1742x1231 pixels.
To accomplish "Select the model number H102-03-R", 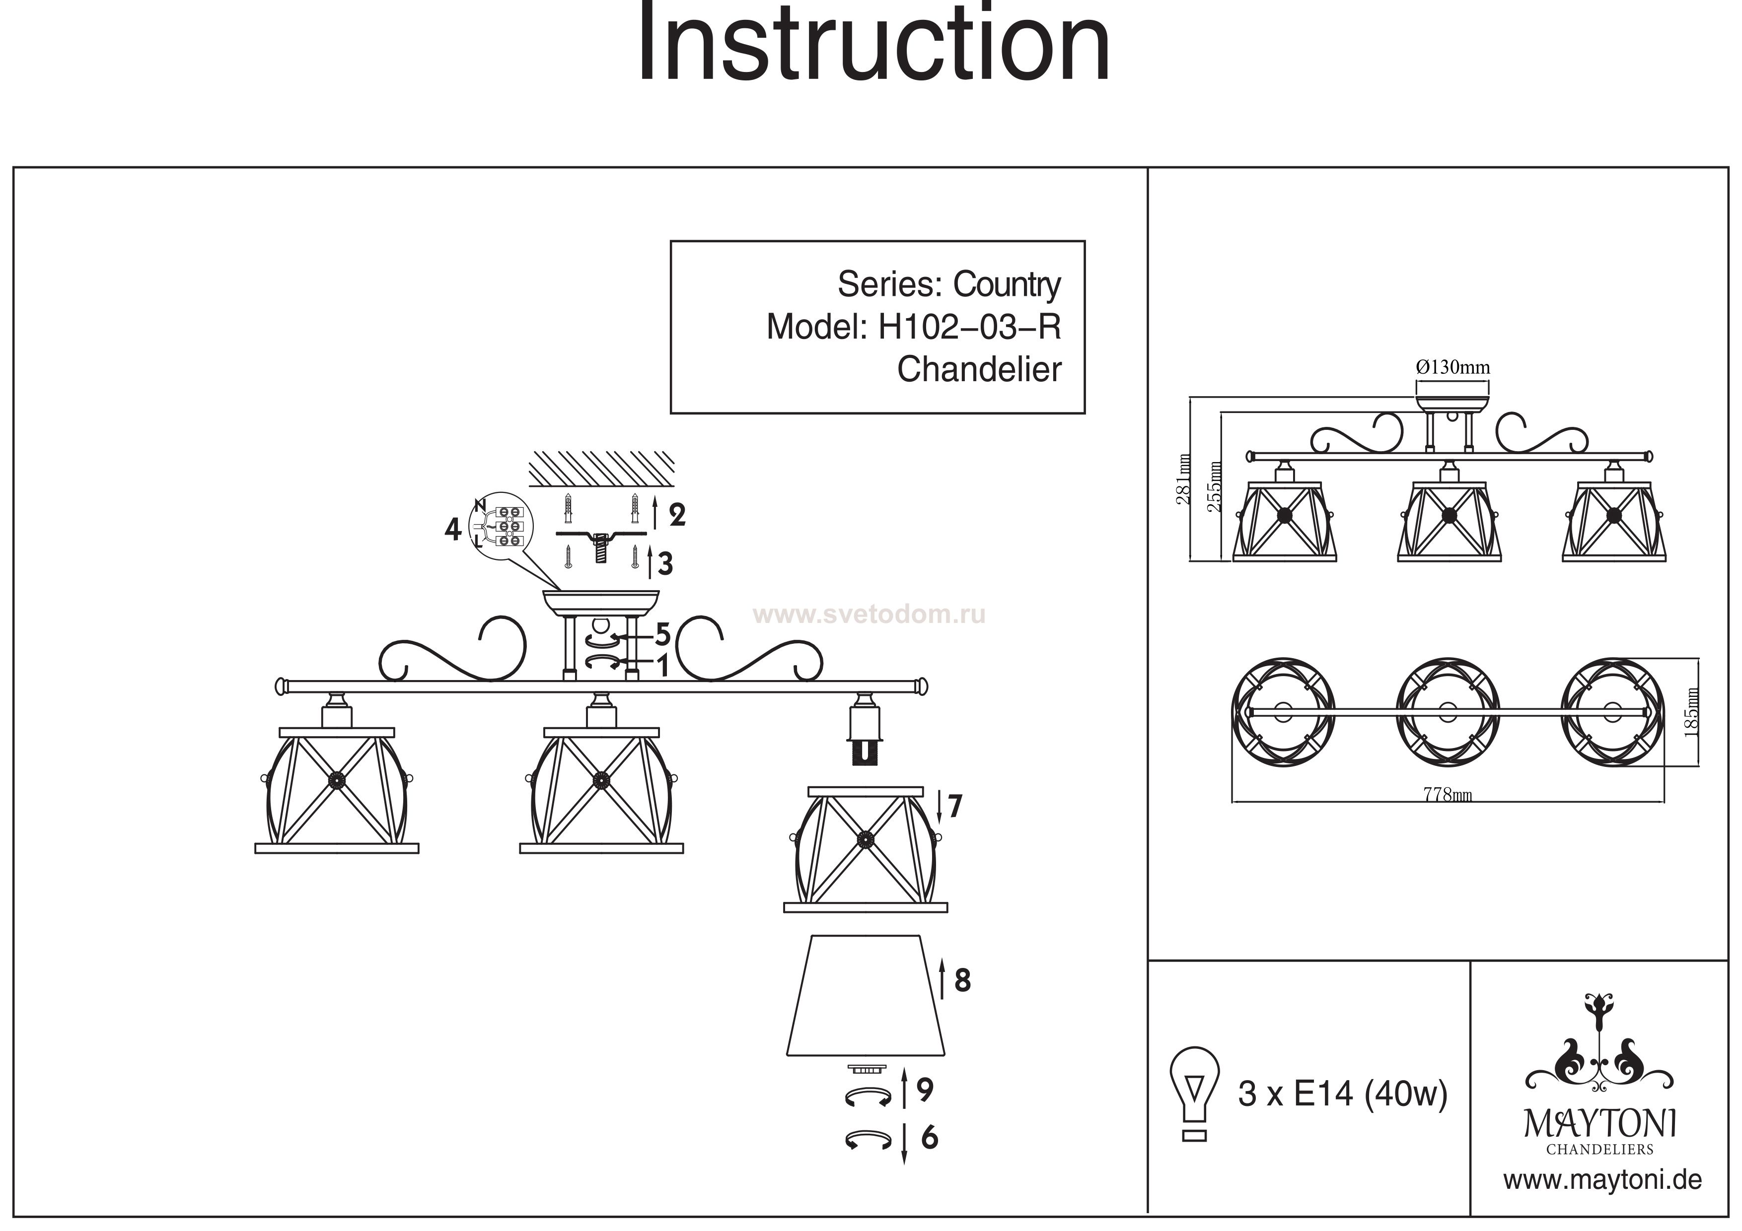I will point(969,328).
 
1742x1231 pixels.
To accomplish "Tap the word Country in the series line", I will point(1006,285).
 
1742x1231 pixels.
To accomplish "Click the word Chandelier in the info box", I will point(979,370).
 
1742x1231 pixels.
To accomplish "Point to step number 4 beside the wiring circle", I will point(453,529).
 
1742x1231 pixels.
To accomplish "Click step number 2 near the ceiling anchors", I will point(677,515).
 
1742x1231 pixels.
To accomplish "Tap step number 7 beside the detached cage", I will point(954,806).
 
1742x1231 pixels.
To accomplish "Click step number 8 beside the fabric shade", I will point(961,981).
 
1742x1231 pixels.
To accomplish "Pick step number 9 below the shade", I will point(924,1090).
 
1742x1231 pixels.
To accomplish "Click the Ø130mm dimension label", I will point(1452,368).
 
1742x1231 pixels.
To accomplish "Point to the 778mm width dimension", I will point(1447,795).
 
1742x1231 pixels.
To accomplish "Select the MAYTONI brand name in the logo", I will point(1599,1124).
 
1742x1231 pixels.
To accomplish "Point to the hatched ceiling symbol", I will point(601,468).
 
